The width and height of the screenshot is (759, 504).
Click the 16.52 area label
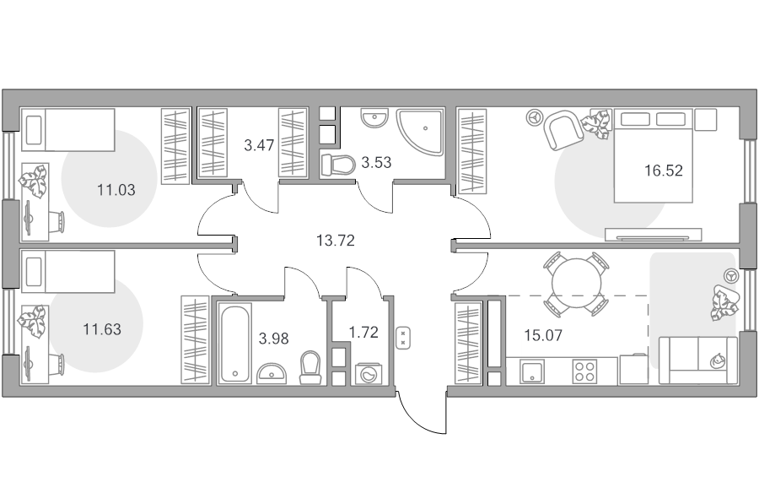(x=663, y=171)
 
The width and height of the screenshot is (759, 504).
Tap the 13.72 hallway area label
(x=336, y=240)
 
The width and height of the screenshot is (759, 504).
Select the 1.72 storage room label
(x=363, y=333)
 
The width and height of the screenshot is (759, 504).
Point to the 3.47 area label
(x=259, y=145)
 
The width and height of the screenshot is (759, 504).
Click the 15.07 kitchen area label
(x=544, y=335)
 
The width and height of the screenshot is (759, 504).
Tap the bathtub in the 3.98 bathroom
(x=234, y=343)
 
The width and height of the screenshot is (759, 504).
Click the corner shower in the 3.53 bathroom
(x=420, y=133)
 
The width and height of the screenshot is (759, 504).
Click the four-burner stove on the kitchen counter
(x=584, y=371)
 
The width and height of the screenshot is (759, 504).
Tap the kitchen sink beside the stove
(x=532, y=371)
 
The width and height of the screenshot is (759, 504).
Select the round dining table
(x=576, y=283)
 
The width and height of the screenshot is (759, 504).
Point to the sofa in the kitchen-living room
(x=698, y=360)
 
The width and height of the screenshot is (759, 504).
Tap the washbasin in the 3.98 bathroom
(x=272, y=374)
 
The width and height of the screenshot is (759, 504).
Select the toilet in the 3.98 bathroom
(x=310, y=368)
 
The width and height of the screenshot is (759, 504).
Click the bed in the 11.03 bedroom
(x=68, y=130)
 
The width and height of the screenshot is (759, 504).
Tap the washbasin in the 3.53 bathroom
(x=374, y=117)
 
